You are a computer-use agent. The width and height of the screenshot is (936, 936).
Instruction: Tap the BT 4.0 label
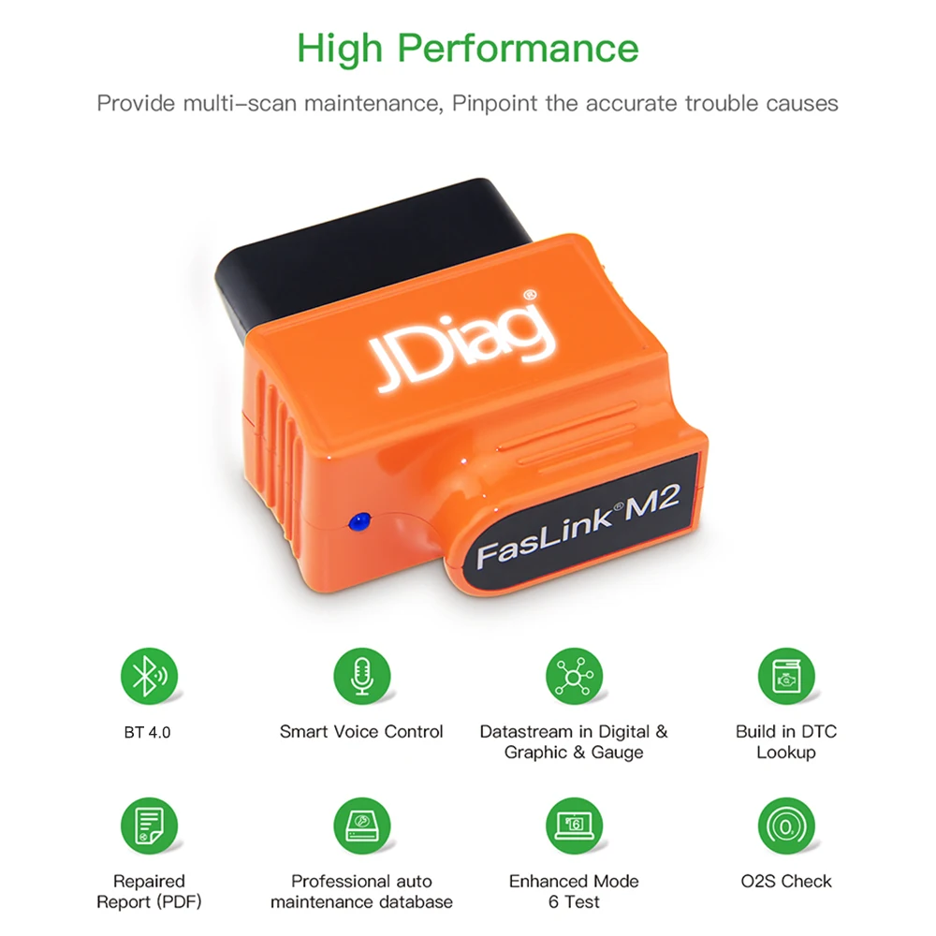[148, 732]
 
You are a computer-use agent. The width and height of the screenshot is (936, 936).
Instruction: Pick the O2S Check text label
[785, 881]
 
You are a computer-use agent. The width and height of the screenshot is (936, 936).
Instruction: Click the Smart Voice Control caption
[361, 732]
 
